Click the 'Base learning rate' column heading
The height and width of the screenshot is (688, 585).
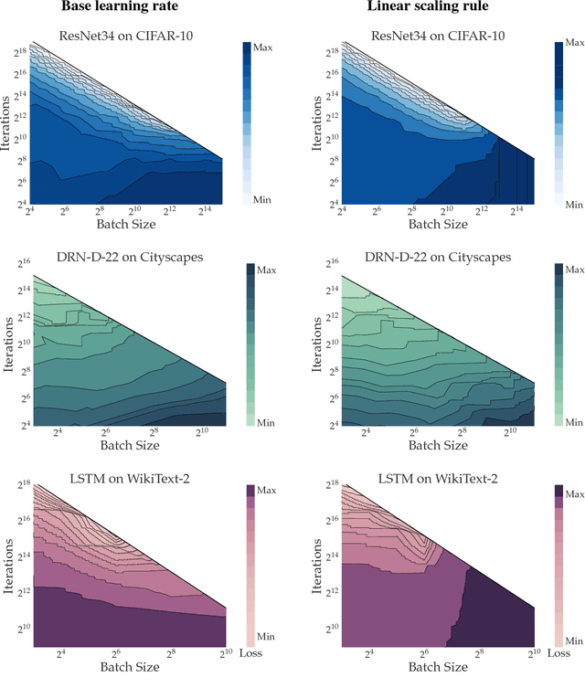120,7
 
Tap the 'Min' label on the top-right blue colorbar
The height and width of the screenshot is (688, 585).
573,205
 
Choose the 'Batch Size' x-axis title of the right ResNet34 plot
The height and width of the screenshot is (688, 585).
438,224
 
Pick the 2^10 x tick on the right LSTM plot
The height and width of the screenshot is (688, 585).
532,654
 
